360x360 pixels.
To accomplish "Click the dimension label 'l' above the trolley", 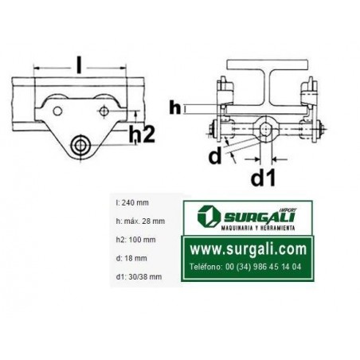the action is (79, 65).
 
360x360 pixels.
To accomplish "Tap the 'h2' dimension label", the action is (142, 134).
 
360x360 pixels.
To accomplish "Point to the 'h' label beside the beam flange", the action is (175, 108).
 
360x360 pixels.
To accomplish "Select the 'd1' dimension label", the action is (263, 178).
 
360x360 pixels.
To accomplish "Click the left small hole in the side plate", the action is (57, 111).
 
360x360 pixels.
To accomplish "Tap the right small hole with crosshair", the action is (104, 111).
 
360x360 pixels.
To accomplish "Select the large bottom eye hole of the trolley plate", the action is (80, 145).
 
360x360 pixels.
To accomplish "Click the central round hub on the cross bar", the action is (266, 128).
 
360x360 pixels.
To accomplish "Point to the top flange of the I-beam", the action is (268, 65).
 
